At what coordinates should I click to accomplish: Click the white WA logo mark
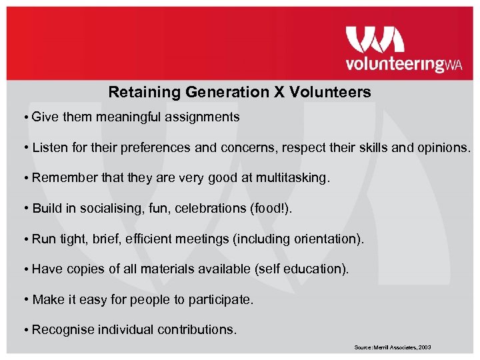point(375,39)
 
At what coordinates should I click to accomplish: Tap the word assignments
point(203,117)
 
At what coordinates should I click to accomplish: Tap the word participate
point(220,300)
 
